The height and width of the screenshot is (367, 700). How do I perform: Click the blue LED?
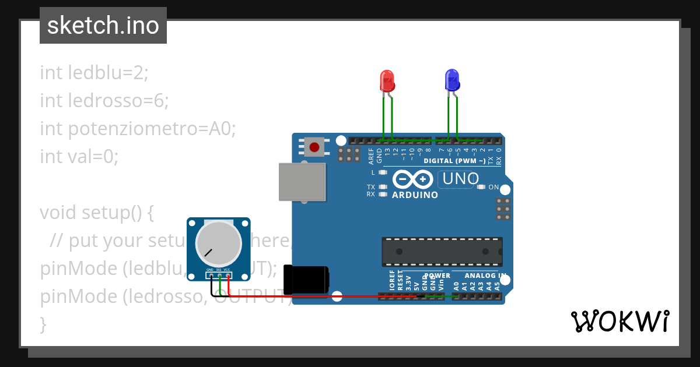[452, 80]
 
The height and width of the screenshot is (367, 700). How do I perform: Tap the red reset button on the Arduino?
[314, 147]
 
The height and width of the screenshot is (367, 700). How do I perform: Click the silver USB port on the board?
[302, 182]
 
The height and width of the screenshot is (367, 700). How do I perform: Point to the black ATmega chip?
[442, 251]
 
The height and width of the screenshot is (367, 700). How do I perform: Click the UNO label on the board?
[461, 179]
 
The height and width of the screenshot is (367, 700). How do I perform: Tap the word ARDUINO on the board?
[415, 195]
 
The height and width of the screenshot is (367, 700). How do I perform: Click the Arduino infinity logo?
[413, 179]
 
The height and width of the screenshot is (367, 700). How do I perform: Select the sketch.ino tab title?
[103, 26]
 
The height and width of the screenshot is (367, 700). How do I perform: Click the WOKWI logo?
[619, 321]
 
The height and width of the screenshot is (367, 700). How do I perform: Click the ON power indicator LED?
[481, 187]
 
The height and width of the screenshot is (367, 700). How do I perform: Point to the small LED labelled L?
[383, 172]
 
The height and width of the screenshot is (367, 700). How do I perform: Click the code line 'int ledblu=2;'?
[94, 73]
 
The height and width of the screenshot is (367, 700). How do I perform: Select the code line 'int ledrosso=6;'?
[104, 101]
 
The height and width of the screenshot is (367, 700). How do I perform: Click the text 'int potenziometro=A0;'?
[138, 129]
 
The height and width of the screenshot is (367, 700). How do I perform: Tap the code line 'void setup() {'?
[97, 213]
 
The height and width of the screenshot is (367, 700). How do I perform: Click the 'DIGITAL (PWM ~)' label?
[454, 161]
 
